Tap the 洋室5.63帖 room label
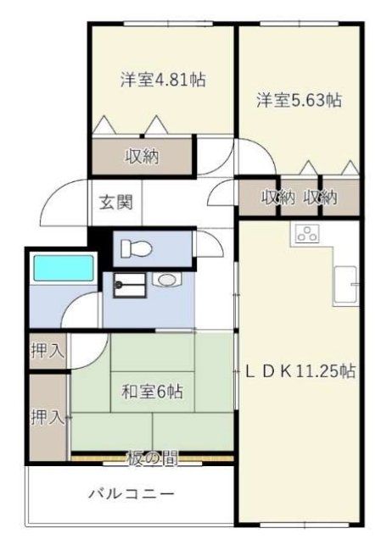pyautogui.click(x=300, y=100)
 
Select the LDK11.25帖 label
pyautogui.click(x=300, y=371)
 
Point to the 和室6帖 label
pyautogui.click(x=152, y=392)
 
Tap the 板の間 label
pyautogui.click(x=153, y=459)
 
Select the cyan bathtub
pyautogui.click(x=63, y=270)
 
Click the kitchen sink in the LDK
pyautogui.click(x=345, y=283)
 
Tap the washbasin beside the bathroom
pyautogui.click(x=164, y=279)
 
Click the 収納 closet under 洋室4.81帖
pyautogui.click(x=143, y=156)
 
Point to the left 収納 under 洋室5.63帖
pyautogui.click(x=277, y=197)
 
